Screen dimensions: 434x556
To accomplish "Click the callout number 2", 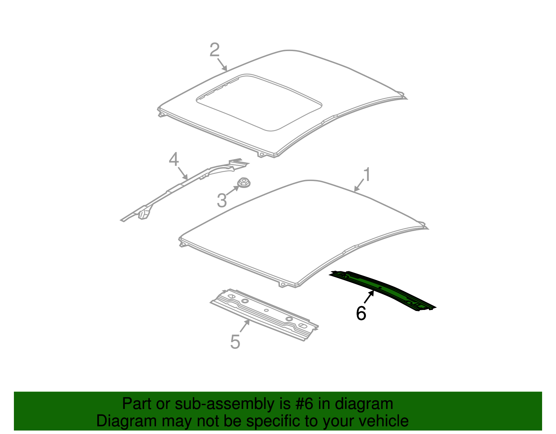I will coord(214,50).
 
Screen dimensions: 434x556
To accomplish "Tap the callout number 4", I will coord(174,160).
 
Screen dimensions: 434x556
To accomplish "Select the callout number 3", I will coord(222,201).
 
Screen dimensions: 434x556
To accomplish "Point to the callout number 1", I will coord(367,174).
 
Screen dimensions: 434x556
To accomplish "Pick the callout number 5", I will coord(235,342).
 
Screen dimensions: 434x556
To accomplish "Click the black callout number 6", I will coord(361,313).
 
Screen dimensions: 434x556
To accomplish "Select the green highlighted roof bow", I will coord(382,289).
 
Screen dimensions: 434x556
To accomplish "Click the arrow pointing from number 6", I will coord(369,297).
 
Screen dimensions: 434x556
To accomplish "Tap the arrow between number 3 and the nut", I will coord(233,190).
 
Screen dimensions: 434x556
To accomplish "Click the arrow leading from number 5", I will coord(244,326).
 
